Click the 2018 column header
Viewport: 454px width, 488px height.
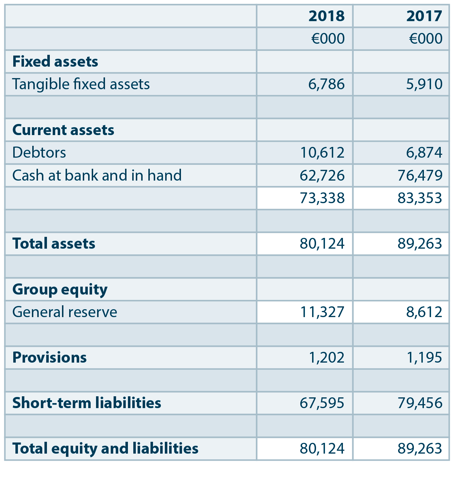[x=326, y=16]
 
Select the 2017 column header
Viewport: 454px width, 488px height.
[x=424, y=16]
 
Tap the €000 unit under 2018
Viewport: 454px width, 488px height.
[x=328, y=39]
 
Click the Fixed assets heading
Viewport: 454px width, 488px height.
[x=55, y=62]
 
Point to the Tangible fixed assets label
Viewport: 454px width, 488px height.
[x=81, y=84]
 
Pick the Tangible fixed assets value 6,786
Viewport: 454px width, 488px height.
[x=326, y=84]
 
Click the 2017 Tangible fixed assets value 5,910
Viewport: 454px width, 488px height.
[x=424, y=84]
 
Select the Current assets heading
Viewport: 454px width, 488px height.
[x=63, y=130]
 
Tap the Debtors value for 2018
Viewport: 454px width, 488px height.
[x=322, y=153]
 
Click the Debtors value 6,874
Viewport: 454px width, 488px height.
[x=424, y=153]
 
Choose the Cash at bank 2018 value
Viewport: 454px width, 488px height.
[x=322, y=176]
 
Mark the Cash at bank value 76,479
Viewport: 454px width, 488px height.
[x=420, y=176]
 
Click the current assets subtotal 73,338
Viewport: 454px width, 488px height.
[x=322, y=198]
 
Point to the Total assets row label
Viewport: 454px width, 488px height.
[x=54, y=244]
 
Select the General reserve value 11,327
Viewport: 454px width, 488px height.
[x=322, y=312]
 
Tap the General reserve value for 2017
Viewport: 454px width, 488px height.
[x=424, y=312]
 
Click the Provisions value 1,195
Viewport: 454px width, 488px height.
[x=424, y=358]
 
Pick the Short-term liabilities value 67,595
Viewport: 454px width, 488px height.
[x=322, y=403]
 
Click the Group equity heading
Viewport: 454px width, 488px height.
[x=60, y=290]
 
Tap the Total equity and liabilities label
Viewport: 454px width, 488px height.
[x=105, y=449]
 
